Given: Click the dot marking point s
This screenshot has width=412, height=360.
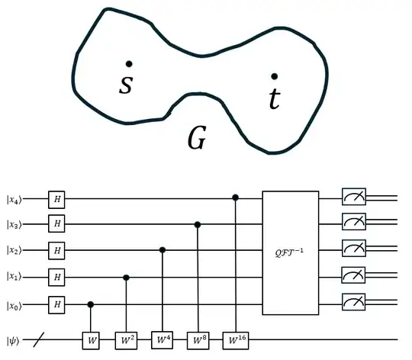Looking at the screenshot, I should (x=130, y=64).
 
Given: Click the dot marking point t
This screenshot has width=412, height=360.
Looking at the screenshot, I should (x=275, y=76).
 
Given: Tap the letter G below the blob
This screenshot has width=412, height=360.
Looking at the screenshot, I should (x=196, y=138).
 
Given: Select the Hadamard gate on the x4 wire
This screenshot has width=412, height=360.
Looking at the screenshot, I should (x=56, y=199).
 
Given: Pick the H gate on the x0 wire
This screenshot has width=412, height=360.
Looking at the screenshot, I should (x=56, y=304).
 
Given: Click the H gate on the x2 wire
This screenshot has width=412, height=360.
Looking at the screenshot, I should (x=56, y=250).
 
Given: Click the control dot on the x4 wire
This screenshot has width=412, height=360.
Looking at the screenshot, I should (x=235, y=199).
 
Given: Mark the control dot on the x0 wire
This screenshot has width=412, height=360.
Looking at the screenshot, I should (x=92, y=304).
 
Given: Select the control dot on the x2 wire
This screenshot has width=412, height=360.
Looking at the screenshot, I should (x=162, y=250).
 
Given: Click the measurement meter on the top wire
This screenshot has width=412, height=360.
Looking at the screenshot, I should (x=354, y=199).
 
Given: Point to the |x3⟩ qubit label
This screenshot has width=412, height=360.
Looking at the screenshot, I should (x=14, y=225).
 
